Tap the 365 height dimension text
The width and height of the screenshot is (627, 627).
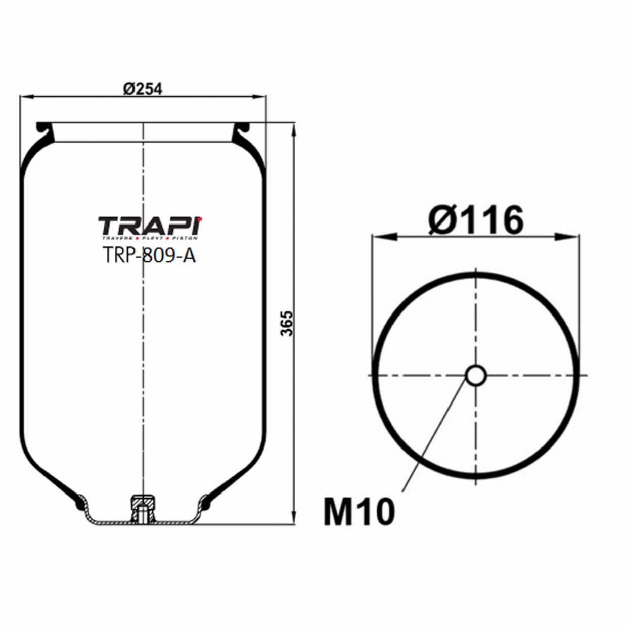(287, 323)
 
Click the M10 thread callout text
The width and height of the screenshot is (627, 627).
(359, 512)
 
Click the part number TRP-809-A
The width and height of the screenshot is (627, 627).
(149, 255)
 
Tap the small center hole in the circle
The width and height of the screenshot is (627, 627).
(475, 375)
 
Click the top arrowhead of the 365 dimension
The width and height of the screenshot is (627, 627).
(294, 129)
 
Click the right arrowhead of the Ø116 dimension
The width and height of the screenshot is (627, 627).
(568, 236)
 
